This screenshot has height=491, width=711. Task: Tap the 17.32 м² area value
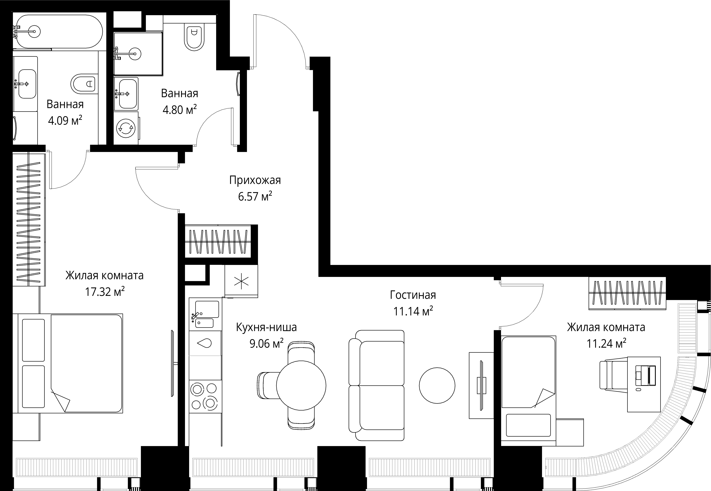tap(105, 291)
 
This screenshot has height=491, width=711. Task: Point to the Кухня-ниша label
tap(266, 327)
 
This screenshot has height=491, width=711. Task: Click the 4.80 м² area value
tap(180, 109)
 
